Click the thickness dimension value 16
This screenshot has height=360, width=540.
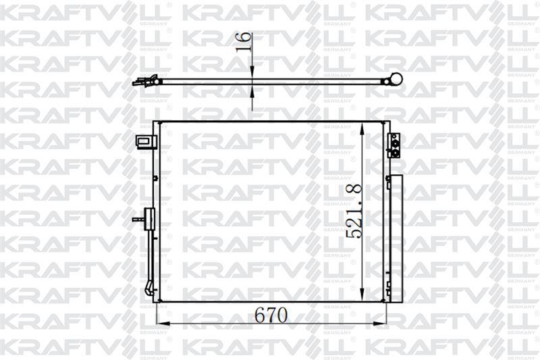244,42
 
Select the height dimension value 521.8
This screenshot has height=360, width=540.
354,211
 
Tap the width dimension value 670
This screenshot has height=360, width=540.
271,315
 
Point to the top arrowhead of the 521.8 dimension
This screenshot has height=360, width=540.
361,130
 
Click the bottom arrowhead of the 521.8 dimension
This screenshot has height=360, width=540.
362,293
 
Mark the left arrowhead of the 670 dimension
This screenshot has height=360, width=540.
163,324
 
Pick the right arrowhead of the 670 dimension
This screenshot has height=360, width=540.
379,324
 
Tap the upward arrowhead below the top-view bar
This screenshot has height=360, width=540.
252,91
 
